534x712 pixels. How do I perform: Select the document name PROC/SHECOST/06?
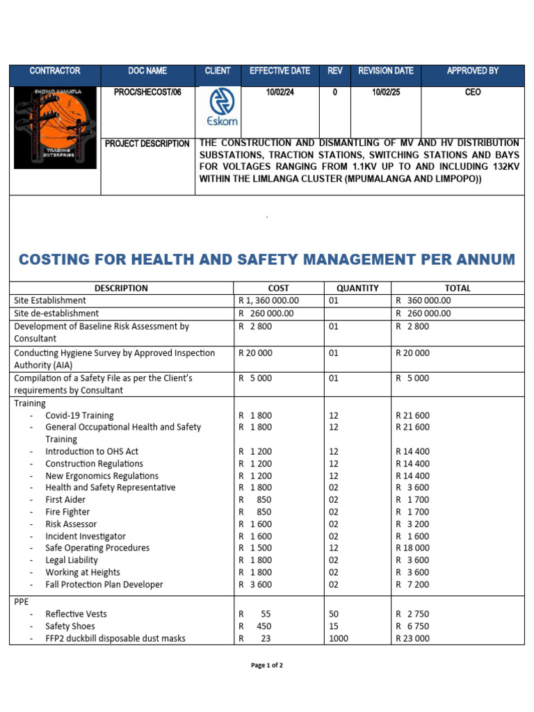tap(143, 92)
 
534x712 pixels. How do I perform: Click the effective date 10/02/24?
tap(280, 92)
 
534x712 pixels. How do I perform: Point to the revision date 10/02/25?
tap(386, 92)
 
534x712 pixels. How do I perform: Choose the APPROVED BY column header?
tap(472, 71)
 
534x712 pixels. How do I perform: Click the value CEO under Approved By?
tap(472, 92)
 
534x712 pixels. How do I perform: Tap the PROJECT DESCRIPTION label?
tap(147, 144)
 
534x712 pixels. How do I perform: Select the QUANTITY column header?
tap(357, 288)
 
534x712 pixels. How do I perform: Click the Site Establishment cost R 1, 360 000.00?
tap(268, 300)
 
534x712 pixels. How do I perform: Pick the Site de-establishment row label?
tap(56, 314)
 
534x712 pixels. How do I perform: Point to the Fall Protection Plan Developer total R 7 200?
tap(412, 585)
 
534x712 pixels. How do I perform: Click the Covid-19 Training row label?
tap(79, 415)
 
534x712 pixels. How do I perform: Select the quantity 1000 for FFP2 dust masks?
tap(339, 638)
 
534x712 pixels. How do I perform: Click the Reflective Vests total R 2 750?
tap(412, 614)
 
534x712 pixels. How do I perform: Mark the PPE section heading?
tap(22, 601)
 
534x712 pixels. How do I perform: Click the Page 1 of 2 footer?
tap(267, 665)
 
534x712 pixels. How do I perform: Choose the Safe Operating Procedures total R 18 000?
tap(412, 548)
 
